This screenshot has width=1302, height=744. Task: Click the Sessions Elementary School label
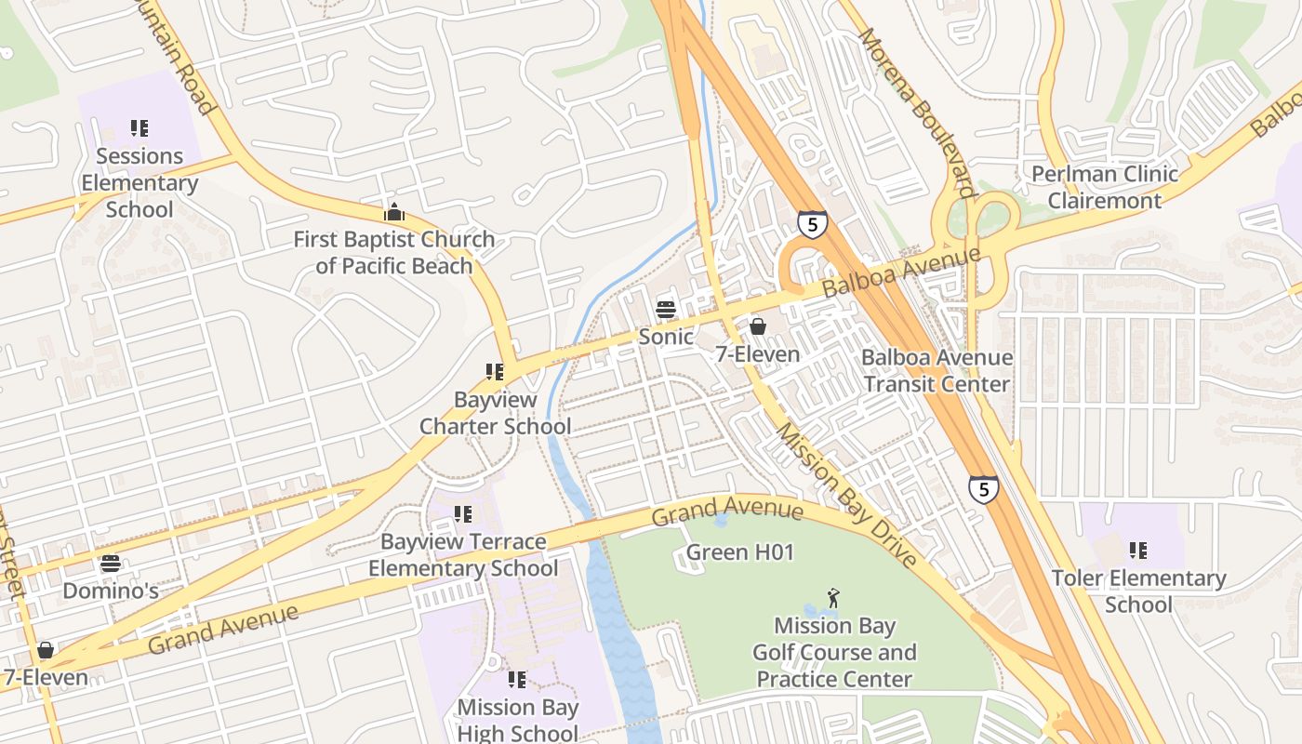tap(139, 182)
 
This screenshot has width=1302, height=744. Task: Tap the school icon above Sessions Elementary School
tap(139, 128)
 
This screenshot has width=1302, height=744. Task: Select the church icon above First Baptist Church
tap(394, 212)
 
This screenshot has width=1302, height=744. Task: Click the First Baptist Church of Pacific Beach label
tap(394, 252)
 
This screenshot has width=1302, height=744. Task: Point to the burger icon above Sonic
tap(665, 309)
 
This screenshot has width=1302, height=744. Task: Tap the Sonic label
tap(665, 337)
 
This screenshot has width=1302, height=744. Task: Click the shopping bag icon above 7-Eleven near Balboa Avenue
tap(758, 326)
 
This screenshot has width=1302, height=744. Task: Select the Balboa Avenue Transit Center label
tap(936, 370)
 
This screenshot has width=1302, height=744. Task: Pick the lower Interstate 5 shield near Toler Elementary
tap(983, 489)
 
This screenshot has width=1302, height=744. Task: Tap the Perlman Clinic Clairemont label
tap(1105, 187)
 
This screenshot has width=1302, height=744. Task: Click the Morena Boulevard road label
tap(915, 113)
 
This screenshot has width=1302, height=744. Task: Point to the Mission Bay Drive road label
tap(846, 495)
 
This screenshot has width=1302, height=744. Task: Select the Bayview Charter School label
tap(495, 413)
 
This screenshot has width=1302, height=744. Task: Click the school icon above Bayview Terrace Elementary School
tap(462, 514)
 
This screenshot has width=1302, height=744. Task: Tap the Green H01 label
tap(740, 552)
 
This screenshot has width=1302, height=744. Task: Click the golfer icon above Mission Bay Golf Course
tap(833, 597)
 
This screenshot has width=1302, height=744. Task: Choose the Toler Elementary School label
tap(1138, 591)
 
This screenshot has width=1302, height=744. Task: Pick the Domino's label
tap(111, 591)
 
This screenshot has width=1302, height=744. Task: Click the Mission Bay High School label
tap(517, 720)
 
